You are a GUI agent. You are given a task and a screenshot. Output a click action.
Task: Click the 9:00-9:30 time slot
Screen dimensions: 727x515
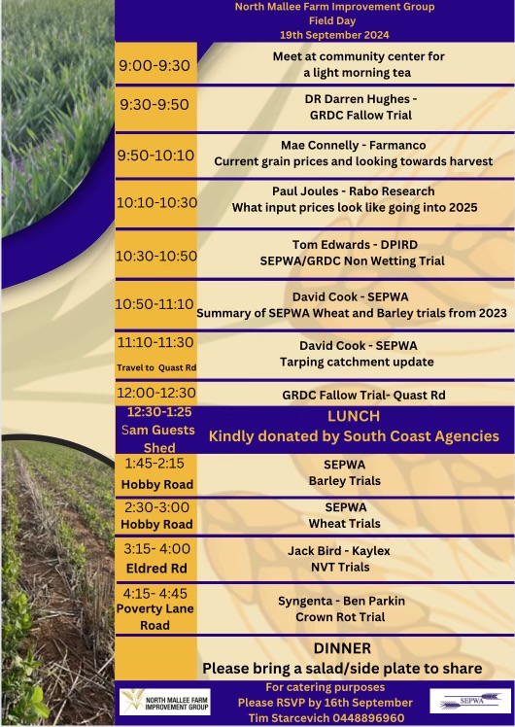click(154, 66)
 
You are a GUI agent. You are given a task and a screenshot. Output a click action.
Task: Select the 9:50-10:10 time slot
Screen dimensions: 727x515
click(155, 156)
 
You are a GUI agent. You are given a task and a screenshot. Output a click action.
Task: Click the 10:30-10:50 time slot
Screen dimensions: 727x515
click(155, 257)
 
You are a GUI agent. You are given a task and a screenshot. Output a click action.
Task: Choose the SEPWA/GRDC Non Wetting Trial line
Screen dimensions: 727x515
click(355, 261)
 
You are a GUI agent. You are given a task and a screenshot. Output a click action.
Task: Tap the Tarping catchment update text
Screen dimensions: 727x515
click(357, 363)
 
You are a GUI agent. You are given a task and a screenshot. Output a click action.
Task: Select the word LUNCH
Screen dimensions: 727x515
click(354, 416)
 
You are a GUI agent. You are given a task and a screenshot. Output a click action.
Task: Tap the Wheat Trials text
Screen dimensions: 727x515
click(344, 523)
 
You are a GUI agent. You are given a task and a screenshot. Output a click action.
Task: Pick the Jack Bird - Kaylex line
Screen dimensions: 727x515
click(338, 551)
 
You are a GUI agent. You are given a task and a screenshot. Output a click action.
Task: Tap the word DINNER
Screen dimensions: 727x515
click(342, 648)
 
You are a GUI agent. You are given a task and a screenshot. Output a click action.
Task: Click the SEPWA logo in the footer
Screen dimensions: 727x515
click(469, 702)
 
